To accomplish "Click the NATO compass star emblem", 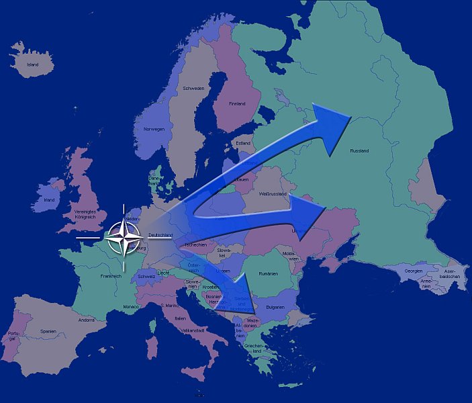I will pos(124,237).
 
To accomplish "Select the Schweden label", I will pos(193,88).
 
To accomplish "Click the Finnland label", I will pos(237,103).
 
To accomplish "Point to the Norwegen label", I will pos(154,129).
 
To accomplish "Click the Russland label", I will pos(359,151).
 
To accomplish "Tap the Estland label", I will pos(243,143).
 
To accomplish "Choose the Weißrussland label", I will pos(273,194).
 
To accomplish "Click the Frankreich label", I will pos(111,275).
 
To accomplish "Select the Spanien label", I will pos(48,331).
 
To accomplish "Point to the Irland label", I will pos(49,199).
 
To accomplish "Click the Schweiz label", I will pos(146,276).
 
